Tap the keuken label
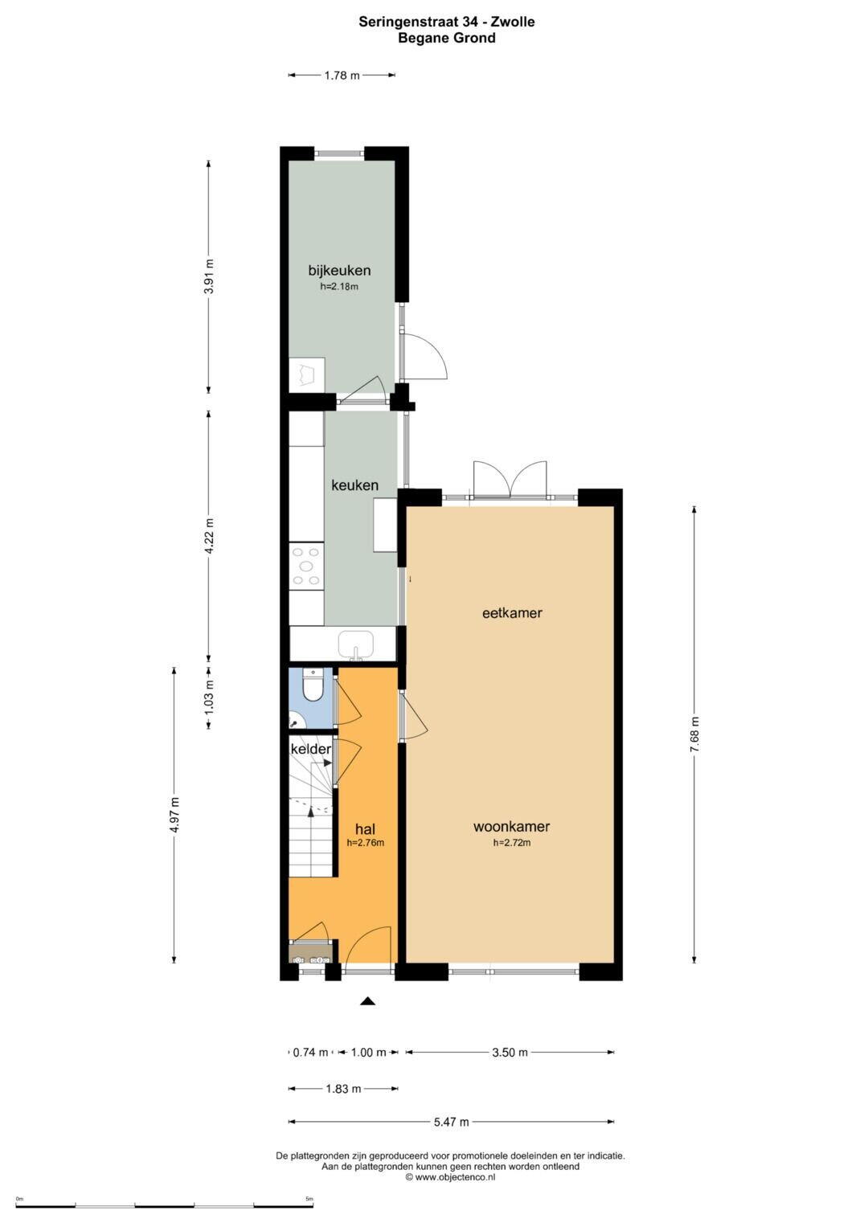(354, 485)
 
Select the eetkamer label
(513, 613)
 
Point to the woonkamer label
(511, 827)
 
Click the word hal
(365, 828)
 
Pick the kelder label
(311, 749)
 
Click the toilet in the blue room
(313, 685)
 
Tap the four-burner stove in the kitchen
(306, 566)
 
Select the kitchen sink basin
(355, 644)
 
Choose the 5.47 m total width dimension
(452, 1122)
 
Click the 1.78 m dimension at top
(342, 76)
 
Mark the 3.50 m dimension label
(510, 1053)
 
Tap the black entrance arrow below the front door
(368, 1000)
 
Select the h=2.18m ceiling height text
(339, 287)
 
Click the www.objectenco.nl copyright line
(450, 1176)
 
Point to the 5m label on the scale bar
(309, 1199)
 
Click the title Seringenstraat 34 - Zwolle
(447, 22)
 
